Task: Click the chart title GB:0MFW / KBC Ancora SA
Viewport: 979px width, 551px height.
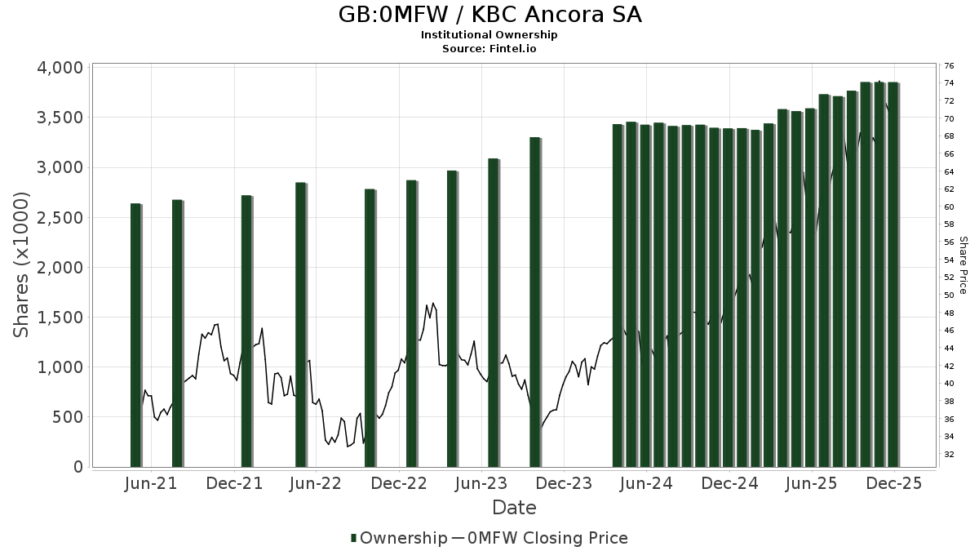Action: coord(489,15)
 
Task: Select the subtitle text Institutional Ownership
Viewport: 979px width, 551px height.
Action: coord(489,35)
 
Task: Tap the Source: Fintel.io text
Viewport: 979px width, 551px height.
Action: coord(489,49)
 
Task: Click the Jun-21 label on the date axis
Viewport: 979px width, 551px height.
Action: coord(151,484)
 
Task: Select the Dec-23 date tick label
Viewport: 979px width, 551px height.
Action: coord(564,484)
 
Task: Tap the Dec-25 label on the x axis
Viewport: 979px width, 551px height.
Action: coord(894,484)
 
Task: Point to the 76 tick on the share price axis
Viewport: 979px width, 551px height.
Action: coord(949,65)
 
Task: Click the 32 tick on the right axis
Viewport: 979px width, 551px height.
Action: coord(949,454)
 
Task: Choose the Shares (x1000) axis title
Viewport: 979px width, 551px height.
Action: coord(21,264)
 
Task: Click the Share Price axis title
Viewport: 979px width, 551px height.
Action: coord(963,265)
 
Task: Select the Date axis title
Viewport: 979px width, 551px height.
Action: coord(514,508)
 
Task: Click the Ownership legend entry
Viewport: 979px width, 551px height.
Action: coord(398,538)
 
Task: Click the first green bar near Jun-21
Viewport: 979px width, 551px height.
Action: coord(135,335)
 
